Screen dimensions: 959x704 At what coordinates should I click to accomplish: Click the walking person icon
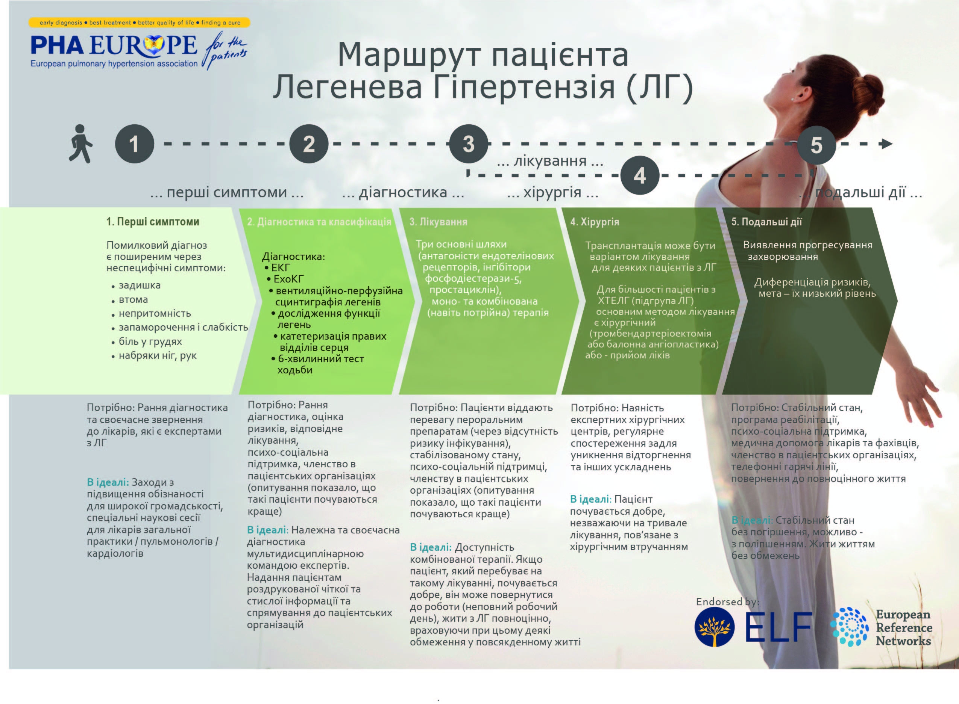[x=80, y=144]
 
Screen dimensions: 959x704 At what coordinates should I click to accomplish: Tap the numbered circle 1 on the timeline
[x=134, y=144]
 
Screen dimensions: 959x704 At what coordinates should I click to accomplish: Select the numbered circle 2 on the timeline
[x=309, y=144]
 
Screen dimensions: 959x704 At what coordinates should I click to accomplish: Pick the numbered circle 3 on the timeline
[x=469, y=144]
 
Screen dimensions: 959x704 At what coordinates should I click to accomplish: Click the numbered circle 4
[x=639, y=175]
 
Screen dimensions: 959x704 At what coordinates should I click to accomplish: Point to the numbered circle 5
[x=816, y=145]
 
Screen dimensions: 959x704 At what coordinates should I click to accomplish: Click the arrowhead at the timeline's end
[x=886, y=144]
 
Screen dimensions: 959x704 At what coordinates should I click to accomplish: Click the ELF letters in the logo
[x=778, y=627]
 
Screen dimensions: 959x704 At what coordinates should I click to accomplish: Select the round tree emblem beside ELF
[x=715, y=627]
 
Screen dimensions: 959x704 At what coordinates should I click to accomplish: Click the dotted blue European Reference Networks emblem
[x=849, y=627]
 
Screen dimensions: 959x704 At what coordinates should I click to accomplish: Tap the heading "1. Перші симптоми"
[x=153, y=222]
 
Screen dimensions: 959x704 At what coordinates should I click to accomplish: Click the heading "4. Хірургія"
[x=595, y=222]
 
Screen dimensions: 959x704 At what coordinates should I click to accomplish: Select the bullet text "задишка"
[x=140, y=285]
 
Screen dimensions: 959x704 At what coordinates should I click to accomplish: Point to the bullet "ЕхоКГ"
[x=289, y=279]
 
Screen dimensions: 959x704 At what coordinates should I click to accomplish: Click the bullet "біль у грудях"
[x=150, y=341]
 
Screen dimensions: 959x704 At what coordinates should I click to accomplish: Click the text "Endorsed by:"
[x=728, y=602]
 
